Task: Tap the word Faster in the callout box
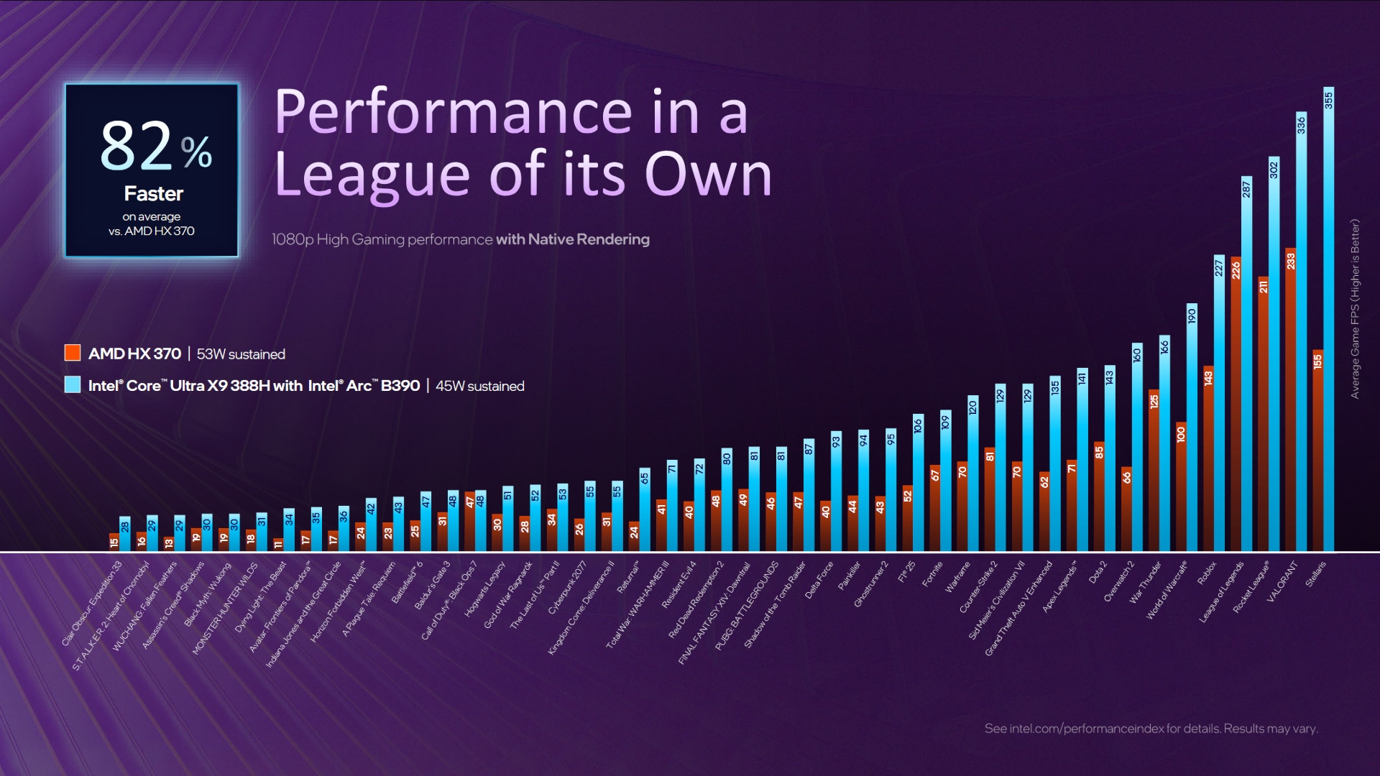(x=153, y=194)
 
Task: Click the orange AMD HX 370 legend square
(x=73, y=353)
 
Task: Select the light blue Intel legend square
(x=73, y=385)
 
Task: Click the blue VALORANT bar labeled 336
(x=1301, y=331)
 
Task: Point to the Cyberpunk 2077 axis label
(x=568, y=587)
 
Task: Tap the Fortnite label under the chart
(x=932, y=575)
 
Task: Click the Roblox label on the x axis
(x=1207, y=573)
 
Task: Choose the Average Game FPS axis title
(x=1355, y=309)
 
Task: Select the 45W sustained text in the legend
(x=479, y=386)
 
